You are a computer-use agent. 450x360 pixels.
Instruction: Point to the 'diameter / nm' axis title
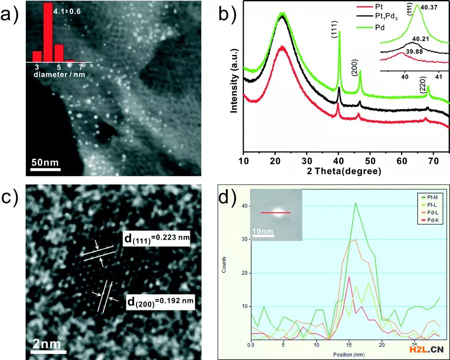[59, 75]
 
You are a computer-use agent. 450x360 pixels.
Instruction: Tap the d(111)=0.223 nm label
[156, 239]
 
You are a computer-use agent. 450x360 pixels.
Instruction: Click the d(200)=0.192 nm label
[160, 300]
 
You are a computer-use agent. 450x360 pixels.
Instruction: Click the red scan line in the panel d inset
[275, 213]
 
